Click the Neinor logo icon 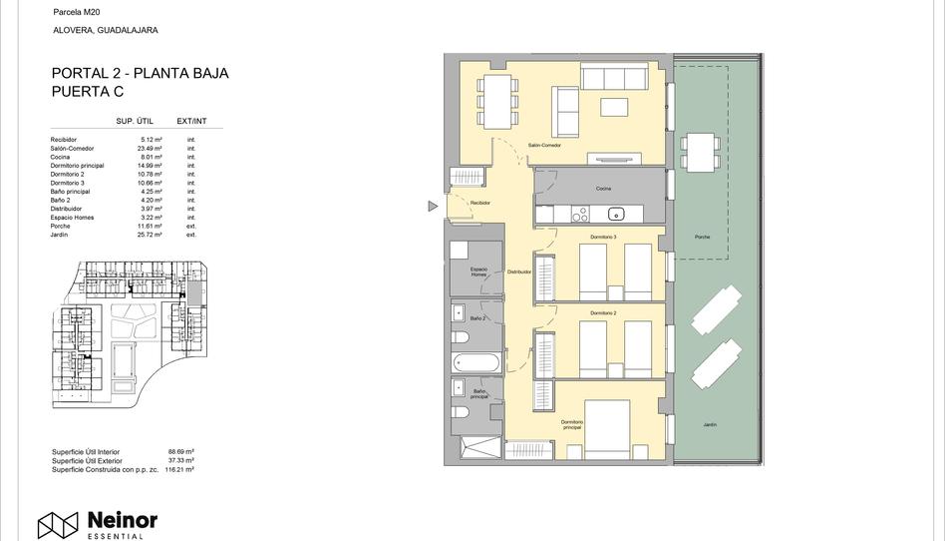point(58,525)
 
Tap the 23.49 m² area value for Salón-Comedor point(151,149)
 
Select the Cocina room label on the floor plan point(603,189)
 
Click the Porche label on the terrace point(703,238)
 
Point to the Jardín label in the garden point(710,425)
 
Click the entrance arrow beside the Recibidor point(433,207)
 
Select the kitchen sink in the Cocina point(616,213)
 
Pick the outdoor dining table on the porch point(700,152)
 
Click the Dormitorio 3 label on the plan point(603,237)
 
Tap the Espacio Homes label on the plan point(478,271)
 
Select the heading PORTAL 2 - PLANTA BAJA point(140,73)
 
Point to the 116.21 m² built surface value point(179,468)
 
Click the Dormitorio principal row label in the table point(77,166)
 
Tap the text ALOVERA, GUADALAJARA point(105,30)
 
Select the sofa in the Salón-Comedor point(614,78)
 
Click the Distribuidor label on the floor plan point(519,271)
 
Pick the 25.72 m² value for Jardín point(151,236)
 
